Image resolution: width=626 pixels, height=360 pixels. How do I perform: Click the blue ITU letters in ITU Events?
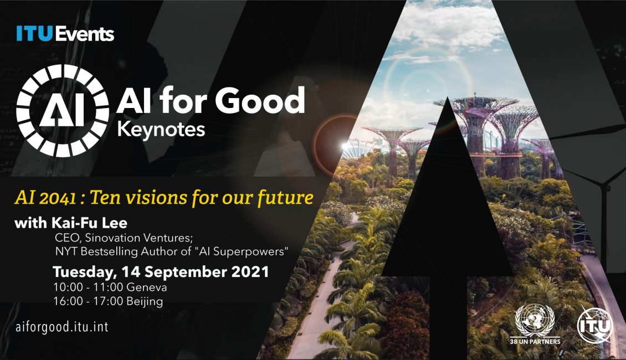(35, 34)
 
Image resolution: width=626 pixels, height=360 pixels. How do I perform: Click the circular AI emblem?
(62, 110)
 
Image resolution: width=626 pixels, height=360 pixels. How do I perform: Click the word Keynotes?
(161, 130)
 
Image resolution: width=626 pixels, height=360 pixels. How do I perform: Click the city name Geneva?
(146, 287)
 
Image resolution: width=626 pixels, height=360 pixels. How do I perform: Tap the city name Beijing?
(145, 302)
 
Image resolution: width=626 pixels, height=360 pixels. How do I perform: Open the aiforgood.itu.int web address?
(61, 327)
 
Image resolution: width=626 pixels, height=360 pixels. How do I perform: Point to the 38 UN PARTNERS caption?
(535, 342)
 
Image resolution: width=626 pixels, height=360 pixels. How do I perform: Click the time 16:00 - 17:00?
(88, 301)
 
